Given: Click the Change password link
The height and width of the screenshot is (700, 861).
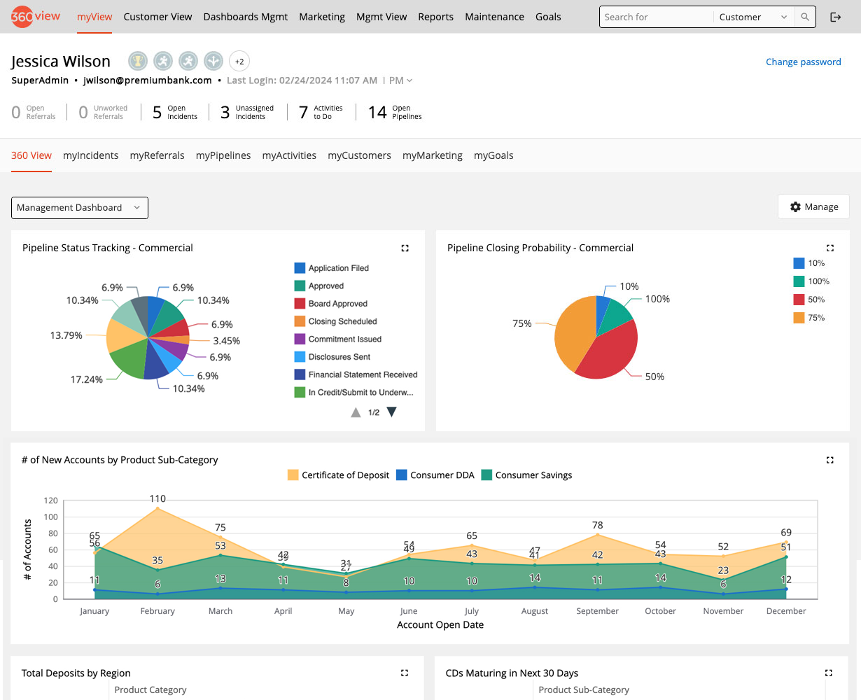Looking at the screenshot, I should [x=803, y=62].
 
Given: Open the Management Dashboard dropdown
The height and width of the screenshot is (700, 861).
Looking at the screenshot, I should [x=79, y=208].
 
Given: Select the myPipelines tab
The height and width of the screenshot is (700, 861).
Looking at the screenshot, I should [x=223, y=155].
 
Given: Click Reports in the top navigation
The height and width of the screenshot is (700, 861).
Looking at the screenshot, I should [x=435, y=17].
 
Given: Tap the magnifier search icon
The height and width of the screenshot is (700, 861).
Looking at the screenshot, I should [x=805, y=17].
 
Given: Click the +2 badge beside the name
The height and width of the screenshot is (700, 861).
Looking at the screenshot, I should [x=239, y=62].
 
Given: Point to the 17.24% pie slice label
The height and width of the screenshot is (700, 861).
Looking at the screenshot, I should [x=86, y=379].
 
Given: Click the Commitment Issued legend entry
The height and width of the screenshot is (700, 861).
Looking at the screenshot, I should [x=344, y=339].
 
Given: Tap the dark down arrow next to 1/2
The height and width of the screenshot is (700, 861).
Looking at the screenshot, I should [x=392, y=412].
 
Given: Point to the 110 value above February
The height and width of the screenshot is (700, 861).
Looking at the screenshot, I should [x=157, y=498].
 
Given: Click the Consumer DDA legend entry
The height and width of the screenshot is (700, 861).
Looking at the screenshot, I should [x=442, y=475].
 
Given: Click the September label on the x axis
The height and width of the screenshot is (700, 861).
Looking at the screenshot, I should [x=597, y=611].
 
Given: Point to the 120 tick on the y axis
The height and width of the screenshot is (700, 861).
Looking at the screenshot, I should [x=50, y=500].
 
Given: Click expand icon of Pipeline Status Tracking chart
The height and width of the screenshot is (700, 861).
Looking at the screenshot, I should [x=405, y=248].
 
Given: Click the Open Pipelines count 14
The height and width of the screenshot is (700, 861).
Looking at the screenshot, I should [x=377, y=112].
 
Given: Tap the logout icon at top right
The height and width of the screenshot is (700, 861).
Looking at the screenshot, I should [x=835, y=17].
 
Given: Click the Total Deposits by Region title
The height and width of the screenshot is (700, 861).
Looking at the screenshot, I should [x=76, y=673].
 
